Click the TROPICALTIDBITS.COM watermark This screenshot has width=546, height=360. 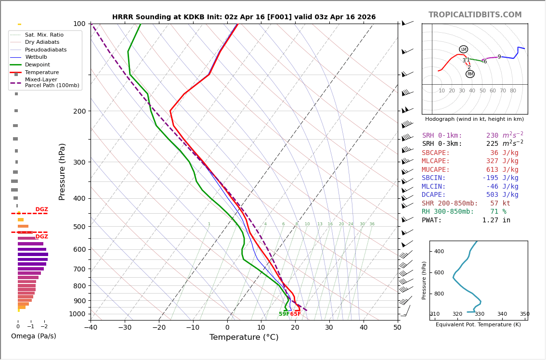pos(475,15)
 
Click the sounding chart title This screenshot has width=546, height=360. pos(244,17)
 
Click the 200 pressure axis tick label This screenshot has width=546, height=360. pos(78,111)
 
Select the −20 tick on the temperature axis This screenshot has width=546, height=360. pos(159,328)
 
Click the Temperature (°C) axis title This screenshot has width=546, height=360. pos(244,337)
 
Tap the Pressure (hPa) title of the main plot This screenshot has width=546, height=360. pos(62,171)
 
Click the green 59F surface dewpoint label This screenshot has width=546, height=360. pos(284,314)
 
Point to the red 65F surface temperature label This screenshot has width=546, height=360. pos(295,314)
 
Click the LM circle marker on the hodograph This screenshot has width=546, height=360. pos(463,49)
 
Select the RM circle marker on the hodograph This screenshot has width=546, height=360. pos(470,74)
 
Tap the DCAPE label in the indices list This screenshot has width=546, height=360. pos(436,195)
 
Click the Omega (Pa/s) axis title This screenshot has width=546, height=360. pos(33,336)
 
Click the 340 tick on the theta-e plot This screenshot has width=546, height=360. pos(502,314)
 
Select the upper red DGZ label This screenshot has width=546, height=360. pos(41,209)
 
